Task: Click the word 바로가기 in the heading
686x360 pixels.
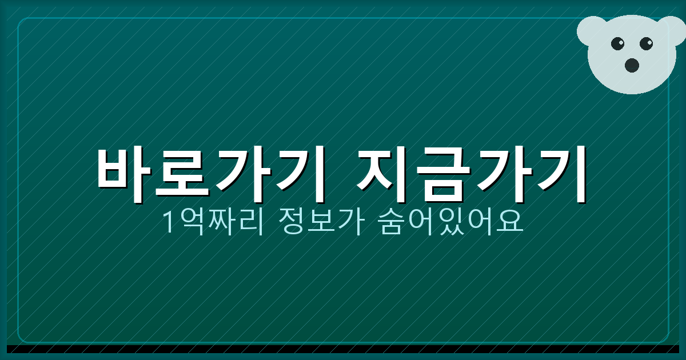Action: (x=212, y=174)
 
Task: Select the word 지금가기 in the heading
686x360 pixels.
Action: (x=472, y=174)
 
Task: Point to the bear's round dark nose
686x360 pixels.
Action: (x=632, y=65)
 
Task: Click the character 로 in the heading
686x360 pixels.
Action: (x=183, y=174)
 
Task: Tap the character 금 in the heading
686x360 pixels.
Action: (x=443, y=174)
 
